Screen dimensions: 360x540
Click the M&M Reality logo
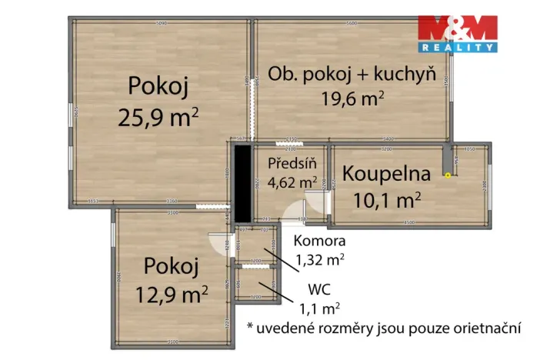pos(457,34)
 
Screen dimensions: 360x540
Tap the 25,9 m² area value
pos(158,116)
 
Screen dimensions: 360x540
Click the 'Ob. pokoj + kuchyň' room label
pos(352,75)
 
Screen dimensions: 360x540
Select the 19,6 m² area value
pos(352,98)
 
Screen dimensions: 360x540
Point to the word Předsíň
pos(288,164)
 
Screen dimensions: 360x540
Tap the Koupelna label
pos(386,174)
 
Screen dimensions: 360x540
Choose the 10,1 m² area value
pos(386,200)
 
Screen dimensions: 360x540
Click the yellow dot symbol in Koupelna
pos(448,175)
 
